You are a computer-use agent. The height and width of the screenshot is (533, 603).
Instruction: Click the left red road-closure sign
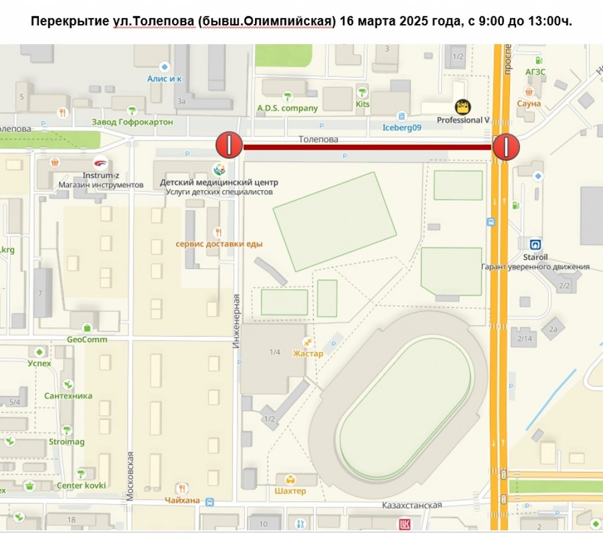pos(229,145)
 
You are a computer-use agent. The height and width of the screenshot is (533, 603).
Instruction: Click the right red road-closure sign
pos(505,147)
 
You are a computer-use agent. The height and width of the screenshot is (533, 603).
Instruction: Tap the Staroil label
pos(535,257)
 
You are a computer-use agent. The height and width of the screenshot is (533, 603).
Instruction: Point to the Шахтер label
pos(290,491)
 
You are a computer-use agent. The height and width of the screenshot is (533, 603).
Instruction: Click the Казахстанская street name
pos(412,505)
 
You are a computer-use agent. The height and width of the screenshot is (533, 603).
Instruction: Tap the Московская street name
pos(130,476)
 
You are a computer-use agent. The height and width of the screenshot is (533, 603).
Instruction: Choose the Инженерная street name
pos(237,321)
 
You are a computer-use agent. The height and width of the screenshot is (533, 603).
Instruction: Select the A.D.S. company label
pos(287,108)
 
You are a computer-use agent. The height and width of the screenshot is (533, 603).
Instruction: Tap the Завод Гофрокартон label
pos(132,122)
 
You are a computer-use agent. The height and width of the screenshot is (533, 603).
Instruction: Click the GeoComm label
pos(87,339)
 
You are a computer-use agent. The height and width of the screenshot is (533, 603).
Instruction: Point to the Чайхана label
pos(182,501)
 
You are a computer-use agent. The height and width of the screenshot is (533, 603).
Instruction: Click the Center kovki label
pos(81,485)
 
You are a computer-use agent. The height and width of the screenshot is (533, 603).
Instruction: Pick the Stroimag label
pos(67,442)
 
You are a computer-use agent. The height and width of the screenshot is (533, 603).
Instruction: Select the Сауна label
pos(529,104)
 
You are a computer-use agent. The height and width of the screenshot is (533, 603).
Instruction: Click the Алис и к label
pos(164,78)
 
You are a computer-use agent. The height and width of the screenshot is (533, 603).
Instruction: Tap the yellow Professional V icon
pos(463,107)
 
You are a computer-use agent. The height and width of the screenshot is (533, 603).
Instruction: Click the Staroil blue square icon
pos(535,244)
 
